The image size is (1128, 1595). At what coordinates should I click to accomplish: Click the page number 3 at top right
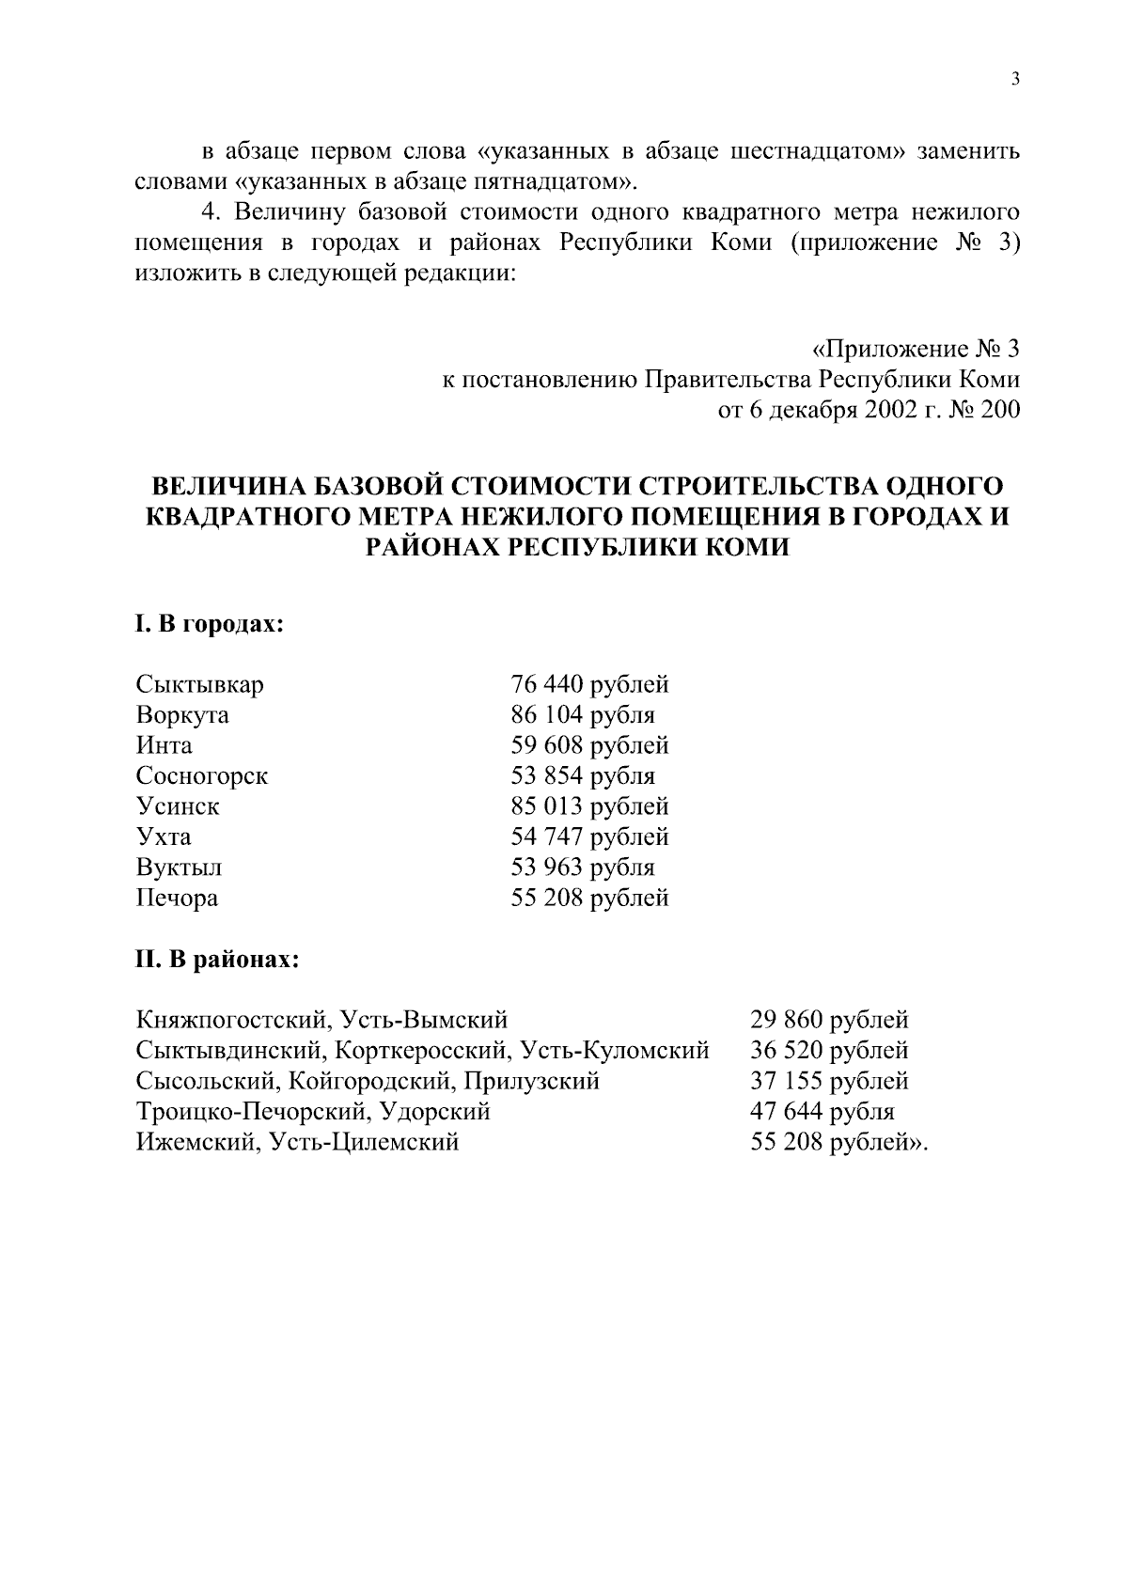tap(1014, 80)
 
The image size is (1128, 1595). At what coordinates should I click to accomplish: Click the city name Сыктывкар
tap(199, 684)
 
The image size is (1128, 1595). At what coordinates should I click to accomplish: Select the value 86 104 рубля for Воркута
tap(582, 715)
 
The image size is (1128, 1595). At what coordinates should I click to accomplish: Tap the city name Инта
tap(164, 745)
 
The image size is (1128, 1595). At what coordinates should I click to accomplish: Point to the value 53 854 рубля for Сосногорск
tap(582, 776)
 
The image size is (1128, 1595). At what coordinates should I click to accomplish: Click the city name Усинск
tap(178, 806)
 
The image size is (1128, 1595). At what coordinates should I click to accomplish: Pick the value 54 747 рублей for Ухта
tap(589, 837)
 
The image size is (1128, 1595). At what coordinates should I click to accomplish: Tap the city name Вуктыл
tap(179, 868)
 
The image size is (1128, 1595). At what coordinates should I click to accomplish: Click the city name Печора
tap(177, 898)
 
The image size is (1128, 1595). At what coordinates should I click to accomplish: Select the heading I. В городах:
tap(209, 625)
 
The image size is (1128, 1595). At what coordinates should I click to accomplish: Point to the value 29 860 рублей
tap(829, 1020)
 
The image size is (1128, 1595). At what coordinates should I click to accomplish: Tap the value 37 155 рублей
tap(829, 1081)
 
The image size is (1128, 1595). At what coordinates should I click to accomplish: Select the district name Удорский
tap(436, 1112)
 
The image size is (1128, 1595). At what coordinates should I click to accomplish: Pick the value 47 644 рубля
tap(822, 1112)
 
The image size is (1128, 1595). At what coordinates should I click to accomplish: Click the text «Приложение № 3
tap(915, 351)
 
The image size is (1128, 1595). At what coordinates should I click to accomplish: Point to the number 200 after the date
tap(998, 411)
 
